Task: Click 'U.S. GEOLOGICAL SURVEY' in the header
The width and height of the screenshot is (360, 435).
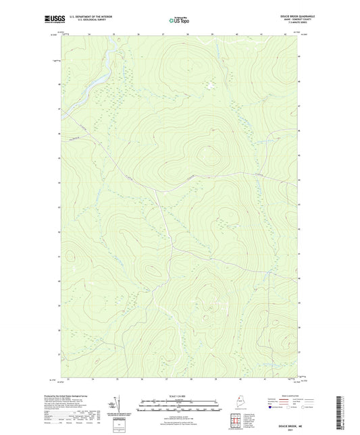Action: [x=91, y=21]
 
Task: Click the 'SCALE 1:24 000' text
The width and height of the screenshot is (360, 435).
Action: [x=179, y=396]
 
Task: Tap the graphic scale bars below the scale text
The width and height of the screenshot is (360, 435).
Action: [x=179, y=407]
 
